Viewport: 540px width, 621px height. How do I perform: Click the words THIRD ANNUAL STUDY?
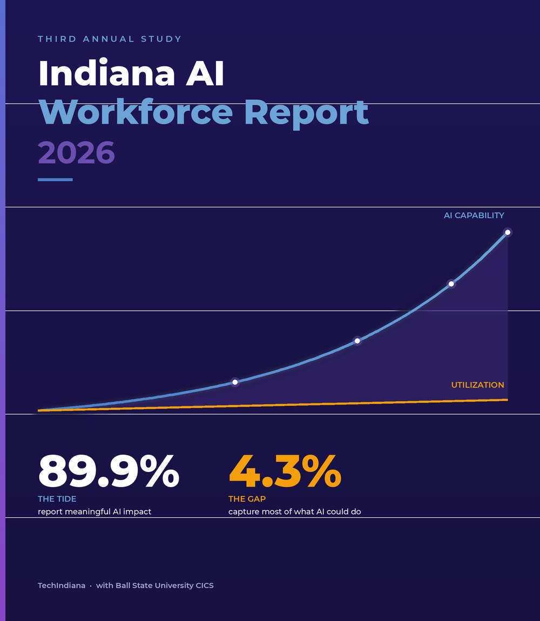tap(110, 39)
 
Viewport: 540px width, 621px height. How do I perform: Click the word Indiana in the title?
tap(106, 73)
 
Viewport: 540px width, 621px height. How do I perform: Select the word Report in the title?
tap(306, 113)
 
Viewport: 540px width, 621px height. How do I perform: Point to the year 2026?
tap(77, 152)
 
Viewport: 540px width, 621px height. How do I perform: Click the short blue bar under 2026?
tap(55, 179)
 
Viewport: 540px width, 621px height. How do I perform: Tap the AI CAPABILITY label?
tap(474, 215)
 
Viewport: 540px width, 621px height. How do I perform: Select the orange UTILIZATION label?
tap(477, 385)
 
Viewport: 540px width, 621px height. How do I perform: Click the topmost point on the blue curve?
tap(508, 232)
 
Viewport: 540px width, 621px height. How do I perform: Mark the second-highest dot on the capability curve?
tap(451, 284)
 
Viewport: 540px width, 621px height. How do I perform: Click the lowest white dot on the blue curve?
tap(235, 382)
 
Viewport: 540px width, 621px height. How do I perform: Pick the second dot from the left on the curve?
tap(357, 341)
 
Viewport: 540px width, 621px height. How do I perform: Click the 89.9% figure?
tap(109, 471)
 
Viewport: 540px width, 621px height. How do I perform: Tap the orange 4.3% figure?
tap(285, 471)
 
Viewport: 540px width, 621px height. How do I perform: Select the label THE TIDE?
tap(57, 499)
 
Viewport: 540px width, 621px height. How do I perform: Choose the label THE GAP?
tap(247, 499)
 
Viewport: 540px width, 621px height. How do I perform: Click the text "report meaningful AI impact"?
tap(94, 512)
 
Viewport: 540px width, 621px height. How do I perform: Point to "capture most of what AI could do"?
tap(294, 512)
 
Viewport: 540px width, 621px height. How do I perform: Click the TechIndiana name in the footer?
tap(62, 585)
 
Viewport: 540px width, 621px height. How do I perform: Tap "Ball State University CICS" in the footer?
tap(164, 585)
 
